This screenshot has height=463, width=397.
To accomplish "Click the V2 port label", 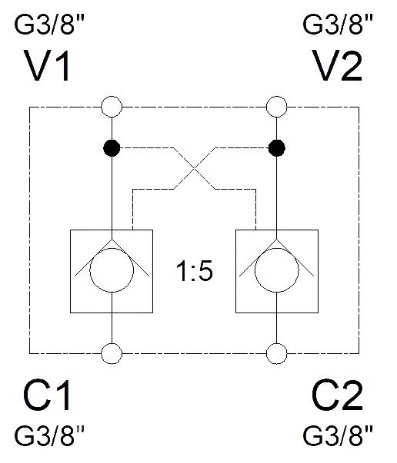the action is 338,65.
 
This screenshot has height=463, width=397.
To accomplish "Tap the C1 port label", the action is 48,395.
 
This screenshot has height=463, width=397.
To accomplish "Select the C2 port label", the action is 337,395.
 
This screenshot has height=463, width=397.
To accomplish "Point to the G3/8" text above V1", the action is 49,25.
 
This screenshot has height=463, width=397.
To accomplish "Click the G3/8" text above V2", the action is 338,25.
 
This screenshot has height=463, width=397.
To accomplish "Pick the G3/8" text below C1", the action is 49,436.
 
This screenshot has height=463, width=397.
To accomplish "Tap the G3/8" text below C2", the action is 338,436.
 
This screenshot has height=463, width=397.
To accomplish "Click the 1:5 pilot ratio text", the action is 195,271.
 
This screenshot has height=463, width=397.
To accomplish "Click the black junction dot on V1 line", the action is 112,147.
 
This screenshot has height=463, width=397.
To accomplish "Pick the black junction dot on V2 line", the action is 277,147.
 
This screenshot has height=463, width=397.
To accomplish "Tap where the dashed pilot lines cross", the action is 194,168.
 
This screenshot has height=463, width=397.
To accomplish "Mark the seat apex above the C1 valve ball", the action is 112,239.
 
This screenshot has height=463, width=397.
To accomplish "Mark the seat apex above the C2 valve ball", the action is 277,239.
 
